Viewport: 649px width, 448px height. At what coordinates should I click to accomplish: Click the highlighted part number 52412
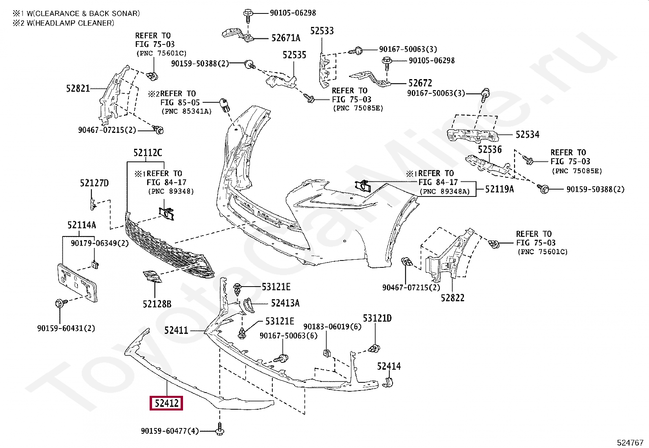click(x=166, y=403)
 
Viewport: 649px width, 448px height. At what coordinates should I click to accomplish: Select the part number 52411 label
click(x=176, y=330)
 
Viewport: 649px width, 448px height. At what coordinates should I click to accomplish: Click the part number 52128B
click(x=157, y=304)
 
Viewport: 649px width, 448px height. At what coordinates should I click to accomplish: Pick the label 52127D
click(x=94, y=183)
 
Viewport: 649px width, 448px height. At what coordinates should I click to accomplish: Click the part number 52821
click(x=78, y=88)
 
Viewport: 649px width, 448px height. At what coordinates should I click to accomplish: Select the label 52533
click(x=322, y=31)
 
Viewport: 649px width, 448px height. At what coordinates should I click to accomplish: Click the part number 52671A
click(x=286, y=38)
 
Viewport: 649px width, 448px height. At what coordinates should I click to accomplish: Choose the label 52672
click(x=420, y=83)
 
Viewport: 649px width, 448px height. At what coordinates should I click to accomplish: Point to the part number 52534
click(x=527, y=135)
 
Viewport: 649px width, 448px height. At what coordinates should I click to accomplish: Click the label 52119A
click(x=499, y=189)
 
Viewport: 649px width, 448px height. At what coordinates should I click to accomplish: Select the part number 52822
click(x=453, y=298)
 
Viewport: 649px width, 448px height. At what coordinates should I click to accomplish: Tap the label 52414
click(x=389, y=366)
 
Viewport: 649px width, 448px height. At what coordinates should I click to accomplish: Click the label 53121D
click(x=377, y=318)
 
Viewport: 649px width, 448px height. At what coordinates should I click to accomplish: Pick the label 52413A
click(x=285, y=303)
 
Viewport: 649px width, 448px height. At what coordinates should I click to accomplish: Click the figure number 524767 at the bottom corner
click(x=630, y=442)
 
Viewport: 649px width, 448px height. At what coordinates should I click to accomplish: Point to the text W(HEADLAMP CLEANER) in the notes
click(x=70, y=23)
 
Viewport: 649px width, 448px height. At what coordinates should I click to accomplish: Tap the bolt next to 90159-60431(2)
click(x=59, y=303)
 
